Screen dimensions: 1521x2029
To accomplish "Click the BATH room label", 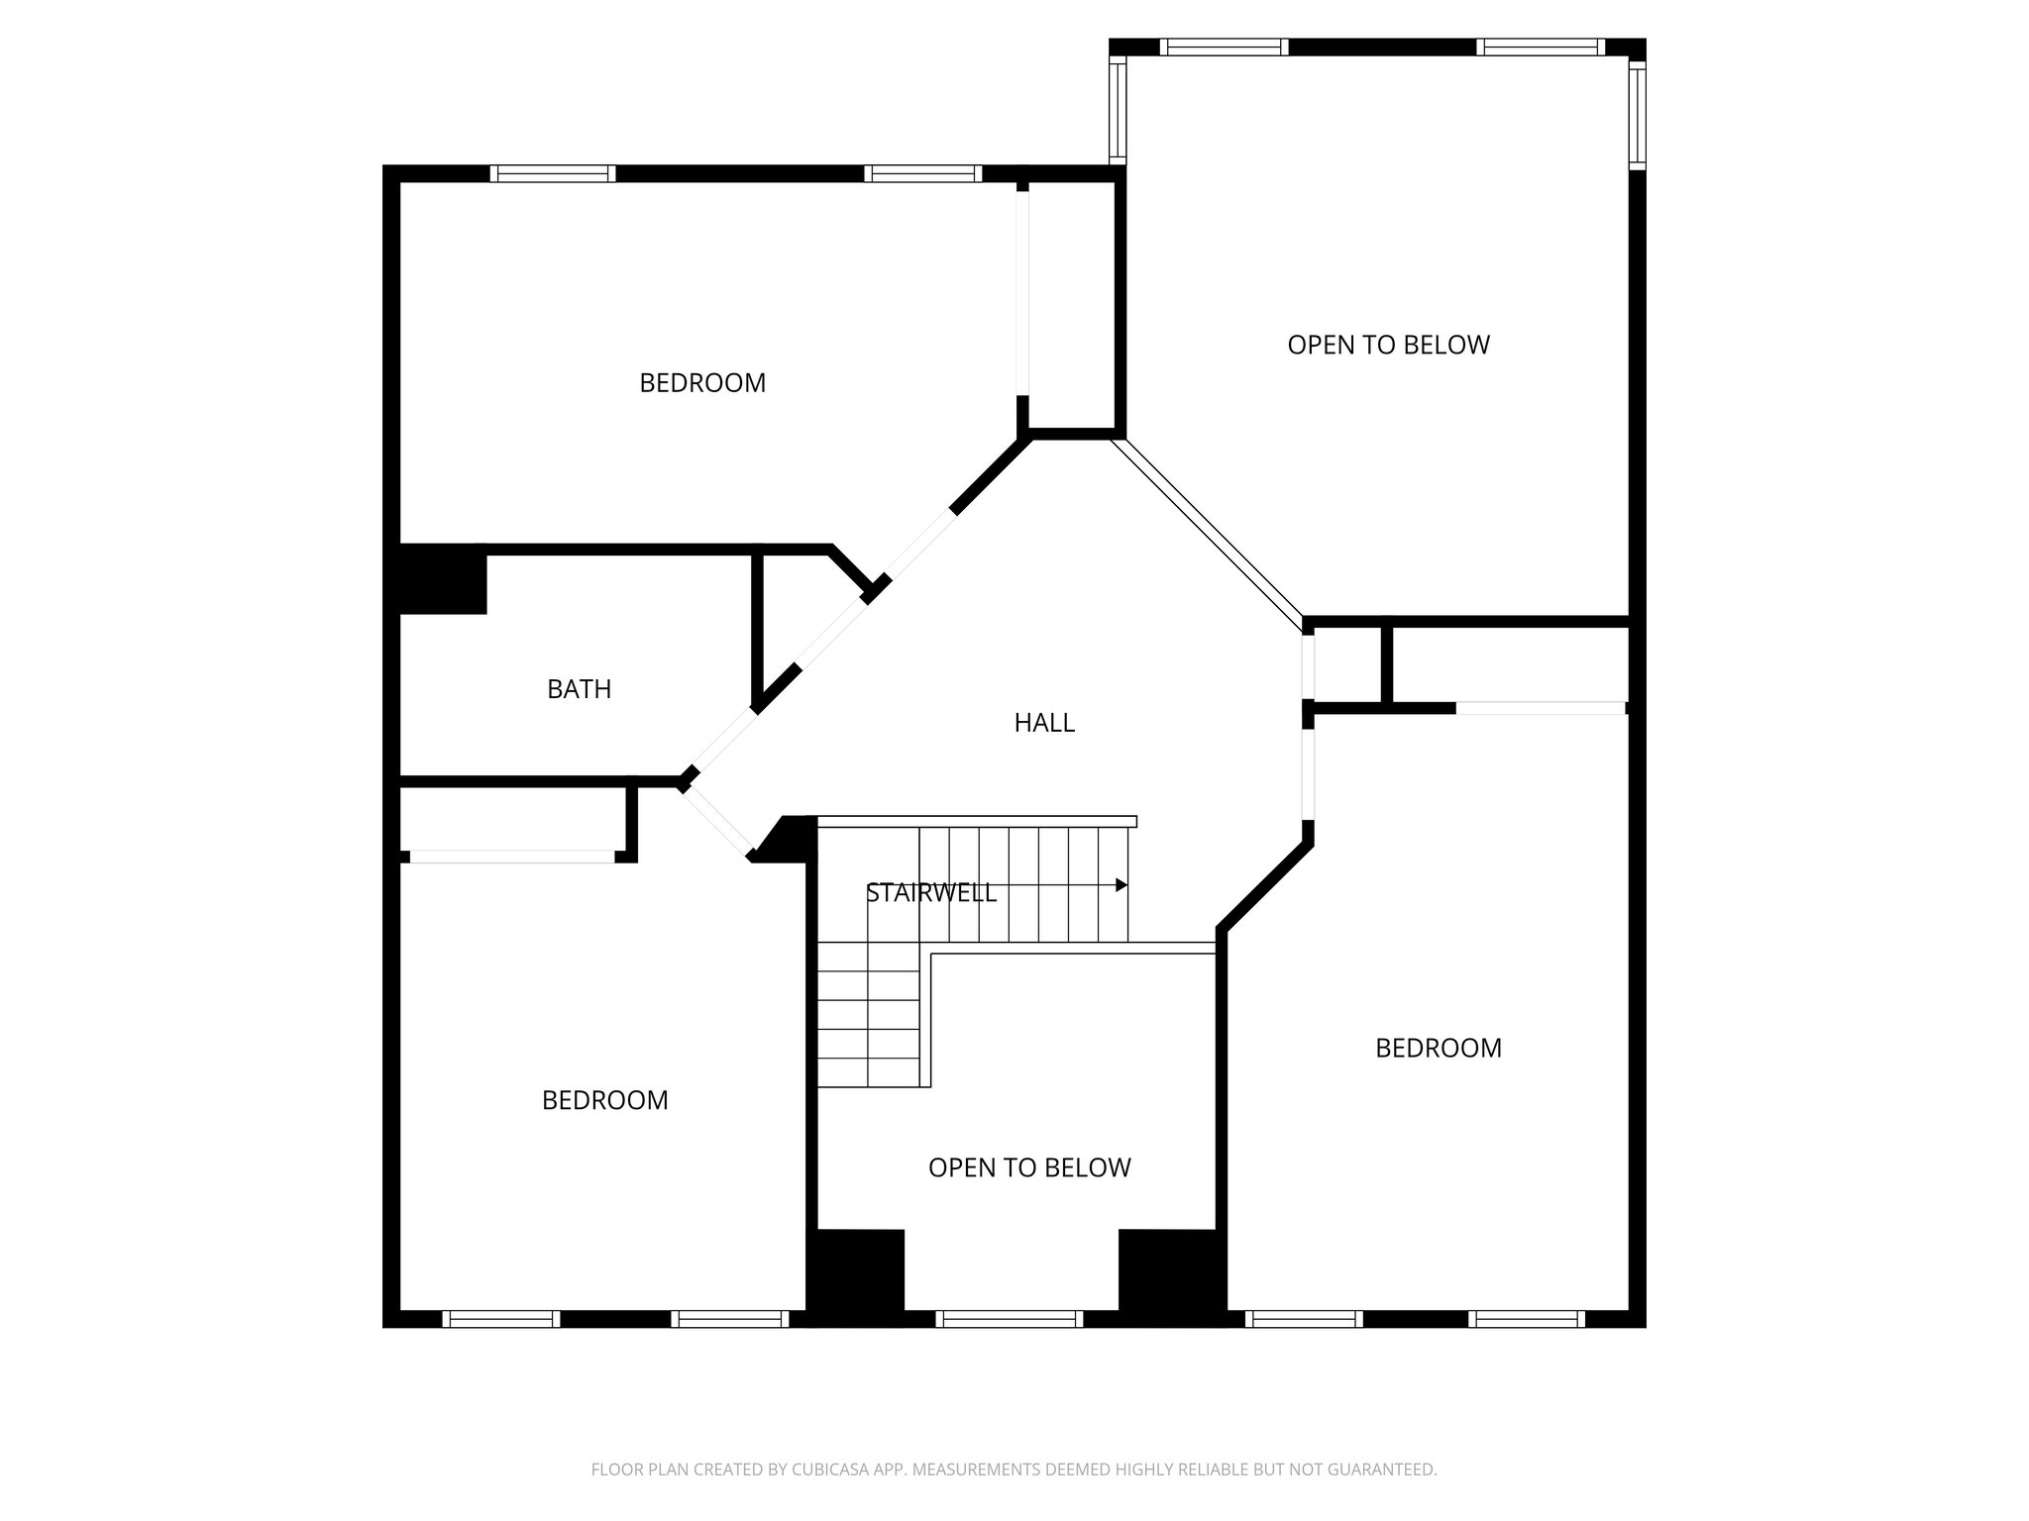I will (579, 689).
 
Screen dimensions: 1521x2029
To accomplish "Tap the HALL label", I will (1044, 723).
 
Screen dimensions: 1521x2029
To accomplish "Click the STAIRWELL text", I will (930, 893).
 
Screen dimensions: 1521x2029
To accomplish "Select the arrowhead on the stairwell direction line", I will (1121, 884).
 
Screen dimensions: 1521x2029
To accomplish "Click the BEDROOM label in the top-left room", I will (702, 383).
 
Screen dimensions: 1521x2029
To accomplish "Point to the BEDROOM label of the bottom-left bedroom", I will (604, 1100).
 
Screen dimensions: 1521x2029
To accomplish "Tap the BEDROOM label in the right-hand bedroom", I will (1438, 1048).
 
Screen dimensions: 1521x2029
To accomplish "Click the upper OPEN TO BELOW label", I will (1388, 345).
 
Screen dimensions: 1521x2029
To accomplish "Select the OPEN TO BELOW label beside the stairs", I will (1029, 1167).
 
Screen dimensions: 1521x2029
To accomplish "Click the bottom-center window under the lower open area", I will (1009, 1319).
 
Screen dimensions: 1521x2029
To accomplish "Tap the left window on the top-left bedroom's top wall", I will (553, 173).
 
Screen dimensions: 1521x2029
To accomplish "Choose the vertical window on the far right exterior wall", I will (1637, 114).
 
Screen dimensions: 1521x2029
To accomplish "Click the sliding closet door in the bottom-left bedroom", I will (512, 857).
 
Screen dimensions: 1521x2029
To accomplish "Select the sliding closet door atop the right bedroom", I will (1541, 708).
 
